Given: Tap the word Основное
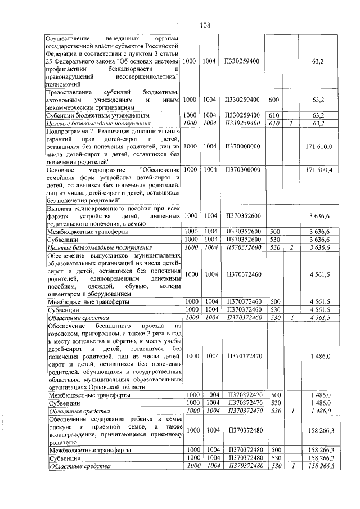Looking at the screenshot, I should point(61,169).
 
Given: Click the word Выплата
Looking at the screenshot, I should point(61,208).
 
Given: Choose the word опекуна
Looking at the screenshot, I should point(60,428).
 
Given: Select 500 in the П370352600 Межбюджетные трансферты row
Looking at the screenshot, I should point(276,231).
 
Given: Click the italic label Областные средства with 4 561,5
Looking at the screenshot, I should point(72,318).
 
